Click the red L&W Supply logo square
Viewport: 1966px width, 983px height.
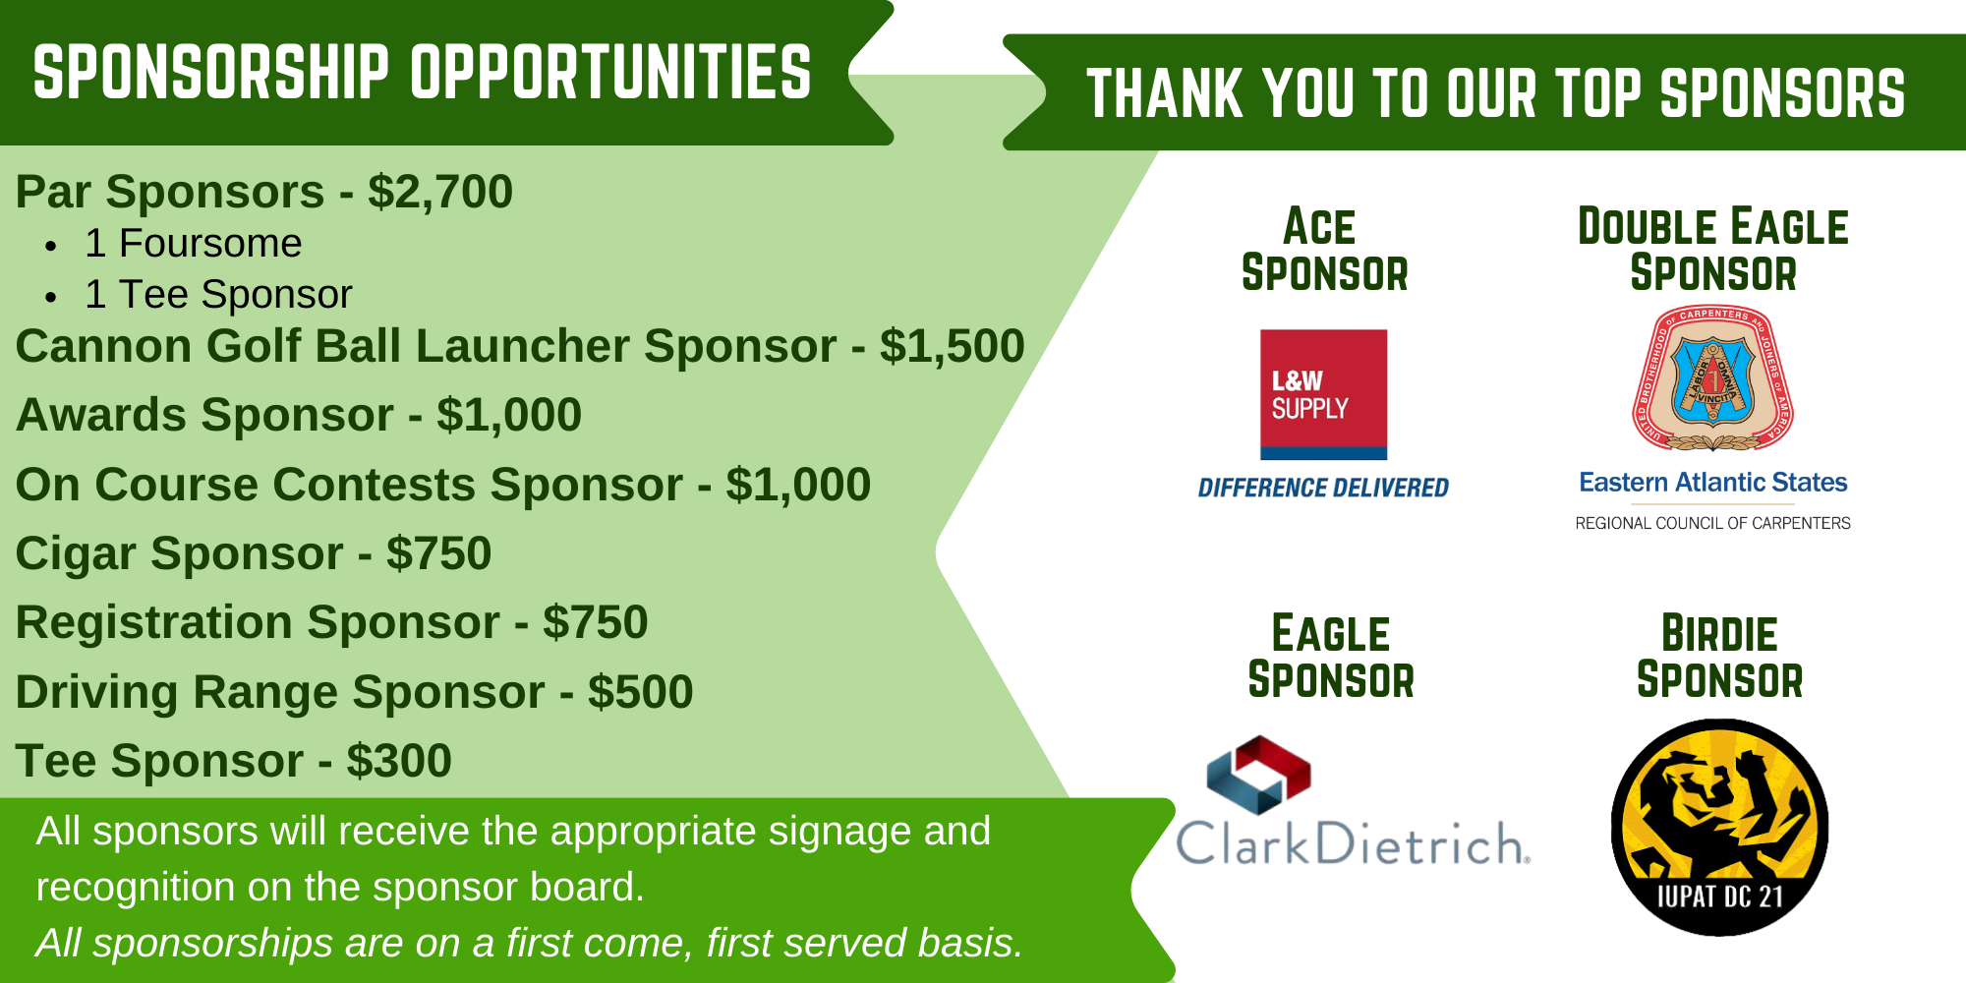click(1323, 394)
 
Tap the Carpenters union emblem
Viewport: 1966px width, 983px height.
click(1712, 378)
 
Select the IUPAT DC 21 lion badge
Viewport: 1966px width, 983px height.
click(1719, 827)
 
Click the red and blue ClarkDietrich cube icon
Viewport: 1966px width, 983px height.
click(1258, 775)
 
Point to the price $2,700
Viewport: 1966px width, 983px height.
click(440, 192)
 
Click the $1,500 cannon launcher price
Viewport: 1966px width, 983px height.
click(952, 346)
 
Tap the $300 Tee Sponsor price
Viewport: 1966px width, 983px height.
click(399, 761)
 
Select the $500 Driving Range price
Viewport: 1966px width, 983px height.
click(641, 692)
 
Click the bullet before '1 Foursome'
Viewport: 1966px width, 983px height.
click(51, 246)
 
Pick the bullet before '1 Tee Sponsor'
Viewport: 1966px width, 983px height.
click(51, 297)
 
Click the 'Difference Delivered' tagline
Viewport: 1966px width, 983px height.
click(1323, 488)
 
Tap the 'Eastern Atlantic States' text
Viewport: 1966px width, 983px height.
click(1712, 483)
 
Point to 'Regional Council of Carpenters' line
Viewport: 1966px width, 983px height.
click(1712, 523)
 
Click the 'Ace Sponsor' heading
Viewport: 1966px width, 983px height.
click(1324, 250)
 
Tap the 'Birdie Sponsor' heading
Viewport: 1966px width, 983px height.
click(1719, 657)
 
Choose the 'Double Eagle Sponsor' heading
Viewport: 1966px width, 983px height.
click(1712, 250)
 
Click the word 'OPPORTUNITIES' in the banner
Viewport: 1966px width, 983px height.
click(610, 73)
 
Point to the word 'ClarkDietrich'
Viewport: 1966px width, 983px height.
click(1353, 843)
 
